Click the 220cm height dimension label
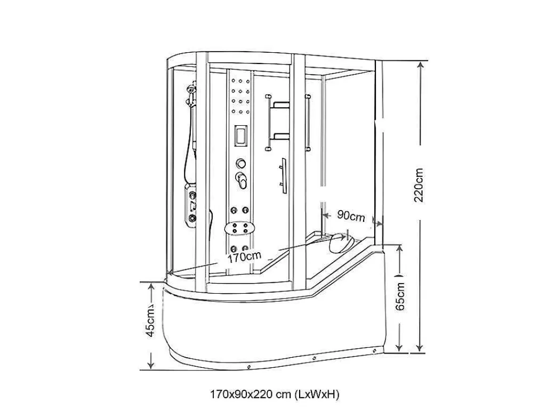pyautogui.click(x=419, y=185)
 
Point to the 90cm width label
pyautogui.click(x=351, y=216)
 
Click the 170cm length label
pyautogui.click(x=244, y=258)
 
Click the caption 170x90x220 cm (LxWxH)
pyautogui.click(x=275, y=395)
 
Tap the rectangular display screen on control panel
pyautogui.click(x=240, y=135)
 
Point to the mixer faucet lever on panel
pyautogui.click(x=242, y=180)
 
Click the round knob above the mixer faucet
pyautogui.click(x=240, y=163)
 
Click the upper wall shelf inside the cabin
pyautogui.click(x=282, y=105)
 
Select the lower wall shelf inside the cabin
pyautogui.click(x=282, y=136)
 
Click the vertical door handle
pyautogui.click(x=283, y=176)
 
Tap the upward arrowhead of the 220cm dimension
pyautogui.click(x=421, y=66)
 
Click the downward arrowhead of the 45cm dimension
pyautogui.click(x=151, y=364)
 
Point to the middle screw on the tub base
pyautogui.click(x=314, y=357)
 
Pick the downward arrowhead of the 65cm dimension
pyautogui.click(x=399, y=347)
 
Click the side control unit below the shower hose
pyautogui.click(x=190, y=206)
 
